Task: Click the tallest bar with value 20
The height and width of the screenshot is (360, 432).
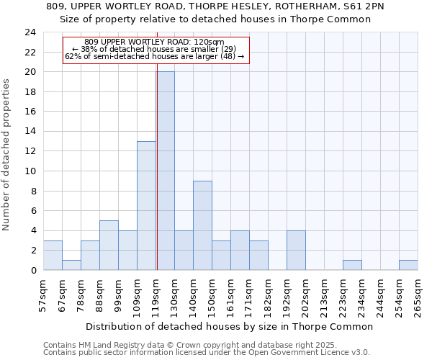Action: (165, 171)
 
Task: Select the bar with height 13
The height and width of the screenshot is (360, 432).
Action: (146, 205)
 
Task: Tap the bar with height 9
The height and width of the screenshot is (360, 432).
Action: (202, 225)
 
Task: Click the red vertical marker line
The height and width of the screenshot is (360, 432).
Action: (157, 166)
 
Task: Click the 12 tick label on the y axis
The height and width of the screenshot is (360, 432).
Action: (30, 151)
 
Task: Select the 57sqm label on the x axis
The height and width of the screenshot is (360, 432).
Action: (43, 295)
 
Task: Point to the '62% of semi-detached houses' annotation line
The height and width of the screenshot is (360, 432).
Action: (155, 56)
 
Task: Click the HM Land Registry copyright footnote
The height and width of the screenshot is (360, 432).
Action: (189, 346)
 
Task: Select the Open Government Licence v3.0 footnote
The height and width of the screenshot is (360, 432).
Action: (207, 353)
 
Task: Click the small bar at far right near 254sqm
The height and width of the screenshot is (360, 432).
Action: (408, 265)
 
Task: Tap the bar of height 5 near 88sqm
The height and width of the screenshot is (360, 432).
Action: (109, 245)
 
